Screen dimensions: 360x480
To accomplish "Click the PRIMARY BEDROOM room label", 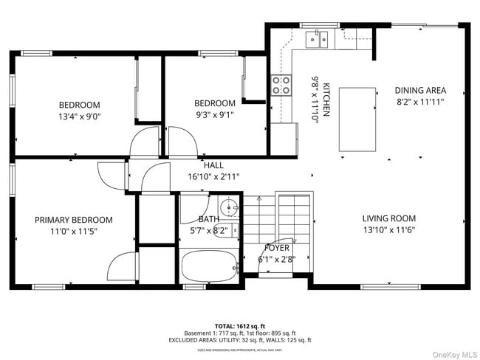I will (74, 220).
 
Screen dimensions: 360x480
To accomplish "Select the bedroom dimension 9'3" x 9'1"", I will (215, 114).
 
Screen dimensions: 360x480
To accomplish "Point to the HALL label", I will (214, 166).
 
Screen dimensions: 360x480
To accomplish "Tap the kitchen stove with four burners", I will (281, 85).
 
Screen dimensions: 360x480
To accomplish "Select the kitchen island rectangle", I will (357, 118).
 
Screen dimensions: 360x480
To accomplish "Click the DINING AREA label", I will (419, 91).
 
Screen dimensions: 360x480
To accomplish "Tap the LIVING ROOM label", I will (388, 218).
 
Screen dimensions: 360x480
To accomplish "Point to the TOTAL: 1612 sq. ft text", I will (240, 325).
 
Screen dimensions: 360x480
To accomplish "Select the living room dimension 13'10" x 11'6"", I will (388, 230).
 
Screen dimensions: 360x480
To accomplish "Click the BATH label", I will (208, 219).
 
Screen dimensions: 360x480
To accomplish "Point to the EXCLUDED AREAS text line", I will (240, 339).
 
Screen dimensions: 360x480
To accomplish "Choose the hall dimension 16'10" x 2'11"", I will (214, 176).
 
